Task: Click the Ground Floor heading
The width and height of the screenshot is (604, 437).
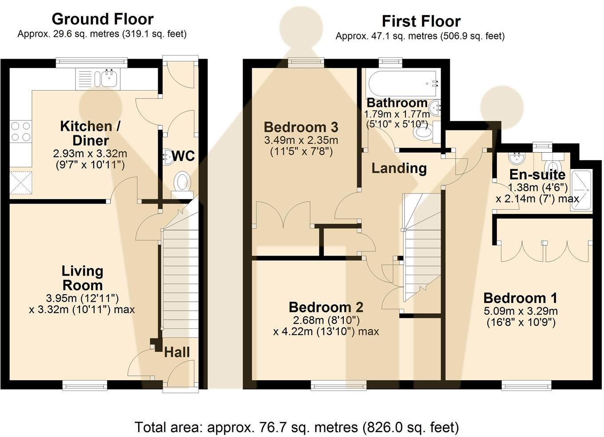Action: tap(103, 20)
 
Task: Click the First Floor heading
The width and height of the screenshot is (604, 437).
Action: tap(421, 22)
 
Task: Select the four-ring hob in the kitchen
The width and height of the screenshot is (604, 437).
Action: tap(21, 132)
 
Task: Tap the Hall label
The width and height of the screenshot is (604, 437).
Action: tap(177, 352)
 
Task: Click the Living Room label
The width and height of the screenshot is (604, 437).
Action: tap(82, 278)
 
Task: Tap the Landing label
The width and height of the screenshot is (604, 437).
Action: tap(399, 169)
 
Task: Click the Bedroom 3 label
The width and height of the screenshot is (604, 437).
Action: tap(301, 127)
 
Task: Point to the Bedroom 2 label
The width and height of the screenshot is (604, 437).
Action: tap(326, 307)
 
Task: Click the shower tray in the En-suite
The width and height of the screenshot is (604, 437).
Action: tap(581, 190)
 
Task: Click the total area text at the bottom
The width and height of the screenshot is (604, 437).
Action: tap(297, 427)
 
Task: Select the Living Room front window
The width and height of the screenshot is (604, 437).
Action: tap(85, 385)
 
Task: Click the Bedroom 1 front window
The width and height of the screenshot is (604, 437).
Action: tap(526, 385)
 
